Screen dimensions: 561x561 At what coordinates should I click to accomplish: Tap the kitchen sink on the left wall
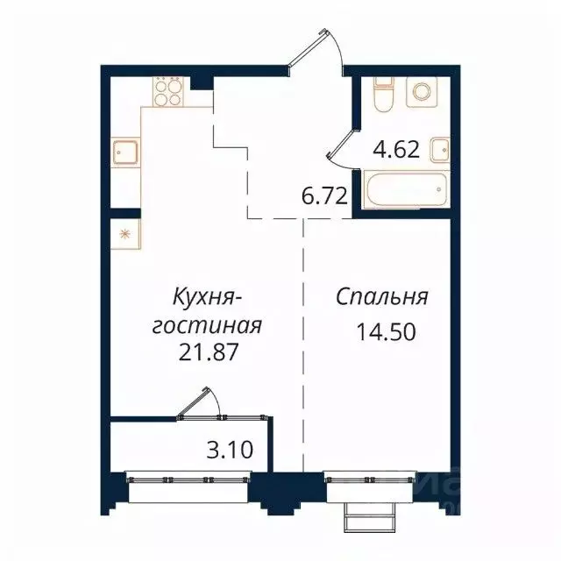(x=124, y=154)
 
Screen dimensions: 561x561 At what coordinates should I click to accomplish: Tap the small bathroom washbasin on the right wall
(x=442, y=151)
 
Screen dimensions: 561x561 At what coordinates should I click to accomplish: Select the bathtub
(x=406, y=190)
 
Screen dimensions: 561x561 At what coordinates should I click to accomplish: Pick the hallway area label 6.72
(x=321, y=196)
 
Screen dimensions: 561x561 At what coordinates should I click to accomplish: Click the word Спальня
(x=381, y=297)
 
